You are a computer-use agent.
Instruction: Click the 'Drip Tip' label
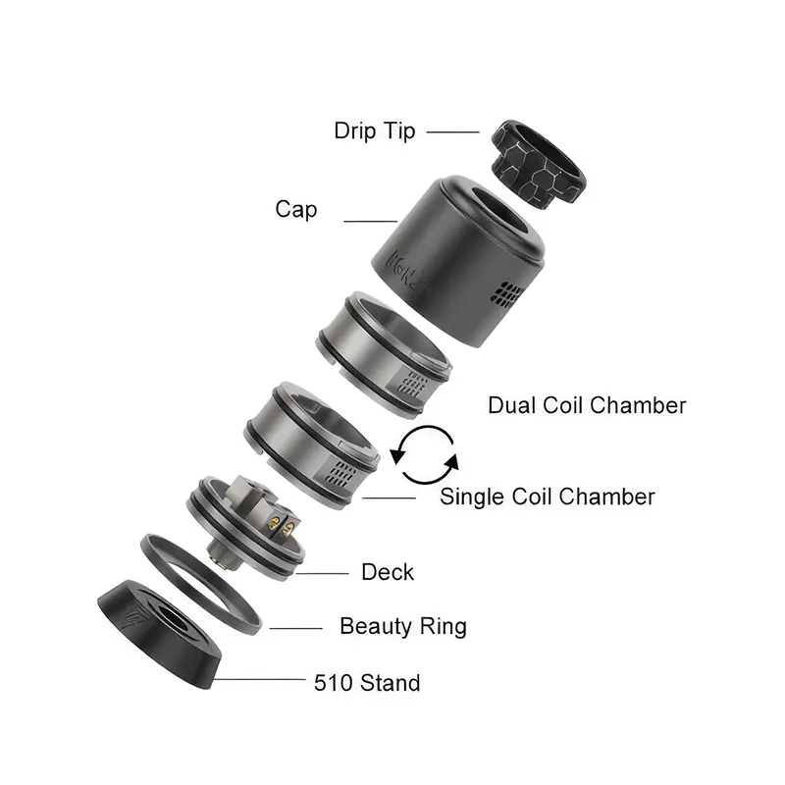(375, 131)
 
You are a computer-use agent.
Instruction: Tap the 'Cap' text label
(296, 209)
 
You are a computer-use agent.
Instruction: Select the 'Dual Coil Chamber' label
(587, 405)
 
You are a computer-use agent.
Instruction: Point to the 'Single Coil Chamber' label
(548, 497)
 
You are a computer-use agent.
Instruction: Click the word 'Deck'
(388, 572)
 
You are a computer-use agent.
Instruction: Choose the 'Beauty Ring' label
(403, 626)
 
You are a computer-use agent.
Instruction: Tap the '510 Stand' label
(367, 683)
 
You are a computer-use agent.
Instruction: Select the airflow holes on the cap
(506, 293)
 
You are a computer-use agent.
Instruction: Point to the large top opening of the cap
(498, 213)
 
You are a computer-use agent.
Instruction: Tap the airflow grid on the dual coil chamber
(412, 384)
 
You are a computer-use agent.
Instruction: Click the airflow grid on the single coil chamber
(340, 474)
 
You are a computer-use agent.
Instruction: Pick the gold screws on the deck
(281, 526)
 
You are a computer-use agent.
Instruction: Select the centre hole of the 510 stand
(172, 617)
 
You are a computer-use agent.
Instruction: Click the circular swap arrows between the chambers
(425, 455)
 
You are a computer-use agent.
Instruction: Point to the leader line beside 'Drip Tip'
(452, 132)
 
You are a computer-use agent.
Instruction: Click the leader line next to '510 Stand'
(259, 679)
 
